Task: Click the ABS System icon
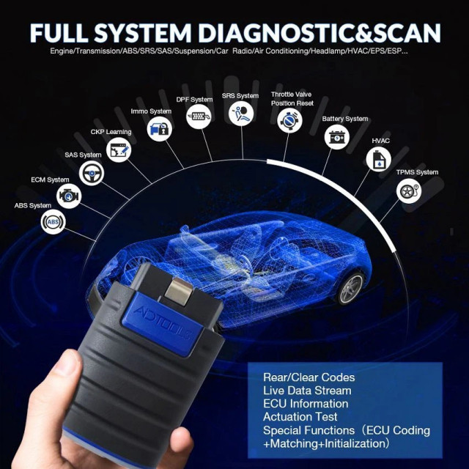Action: (x=53, y=221)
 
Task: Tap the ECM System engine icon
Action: (x=69, y=196)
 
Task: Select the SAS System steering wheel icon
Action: (x=92, y=173)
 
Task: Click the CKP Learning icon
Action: (x=119, y=149)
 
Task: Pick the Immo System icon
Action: (x=160, y=129)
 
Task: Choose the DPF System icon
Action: (x=199, y=117)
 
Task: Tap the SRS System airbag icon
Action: (x=241, y=114)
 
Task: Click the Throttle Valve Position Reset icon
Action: (x=289, y=120)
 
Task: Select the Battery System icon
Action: (x=337, y=137)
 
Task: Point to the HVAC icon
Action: (x=379, y=159)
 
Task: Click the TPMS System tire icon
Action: (x=409, y=191)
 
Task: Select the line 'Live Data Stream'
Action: (x=307, y=391)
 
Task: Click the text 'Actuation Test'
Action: (x=300, y=417)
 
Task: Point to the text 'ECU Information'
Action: (x=306, y=404)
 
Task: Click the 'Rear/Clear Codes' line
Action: (x=309, y=377)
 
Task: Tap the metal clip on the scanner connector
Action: (x=179, y=291)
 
